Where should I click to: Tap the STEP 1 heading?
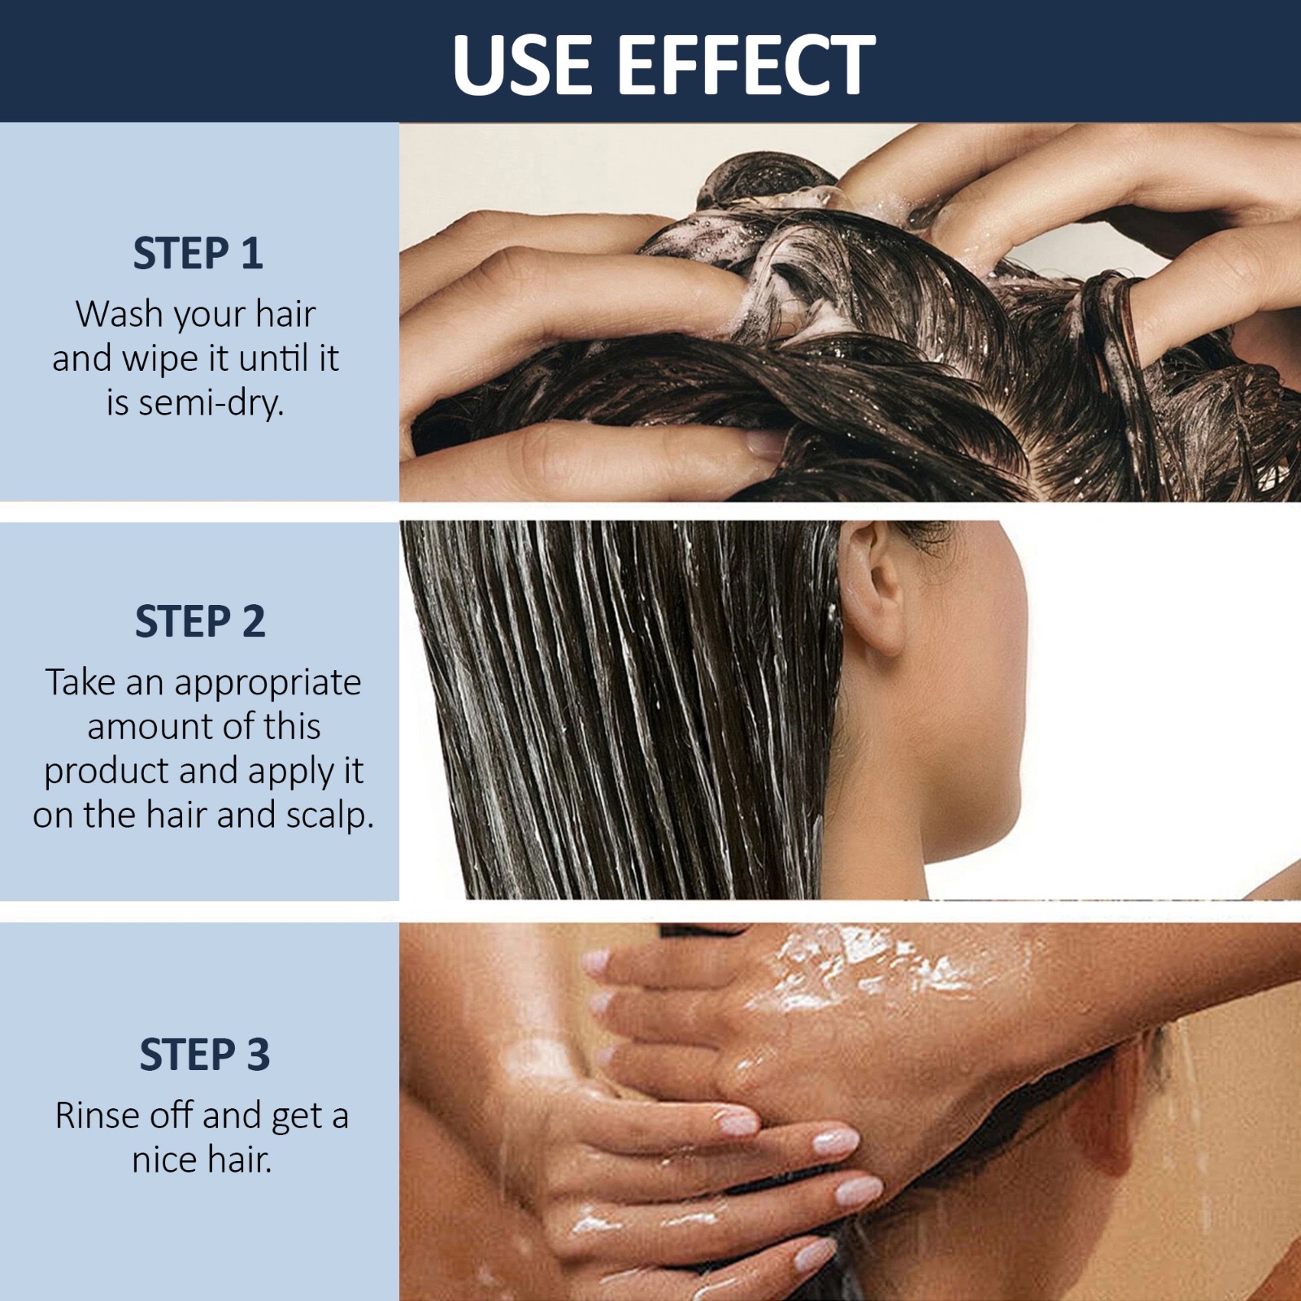[x=198, y=254]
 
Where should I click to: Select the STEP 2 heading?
[x=200, y=622]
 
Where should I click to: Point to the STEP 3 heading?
[x=204, y=1055]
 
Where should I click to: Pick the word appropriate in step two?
[x=268, y=683]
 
